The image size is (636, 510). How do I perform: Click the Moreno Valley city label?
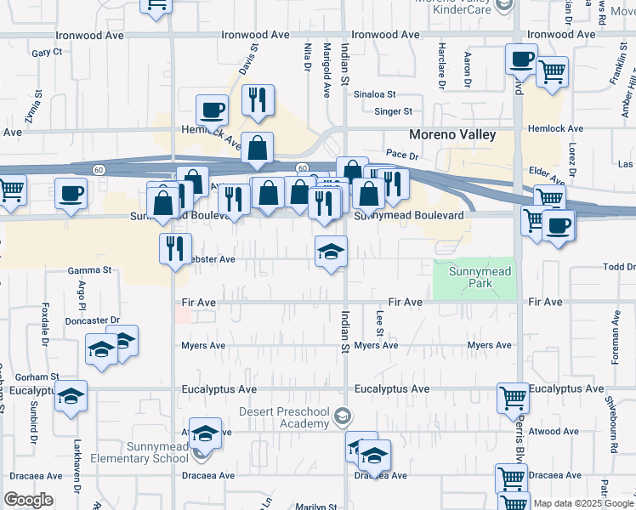pyautogui.click(x=451, y=135)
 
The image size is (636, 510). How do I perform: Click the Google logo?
pyautogui.click(x=28, y=499)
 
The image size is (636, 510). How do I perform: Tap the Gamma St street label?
pyautogui.click(x=90, y=270)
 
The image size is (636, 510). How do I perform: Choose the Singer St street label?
pyautogui.click(x=394, y=111)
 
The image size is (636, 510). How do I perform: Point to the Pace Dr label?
pyautogui.click(x=401, y=156)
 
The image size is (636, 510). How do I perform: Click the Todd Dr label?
pyautogui.click(x=618, y=267)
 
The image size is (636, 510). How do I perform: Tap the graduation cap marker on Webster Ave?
pyautogui.click(x=332, y=251)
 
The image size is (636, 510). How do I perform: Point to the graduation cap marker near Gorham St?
pyautogui.click(x=71, y=395)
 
